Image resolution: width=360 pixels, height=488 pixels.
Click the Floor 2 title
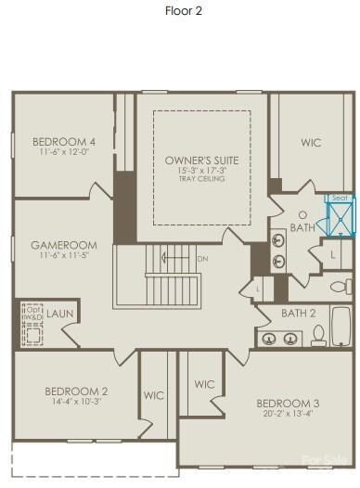184,11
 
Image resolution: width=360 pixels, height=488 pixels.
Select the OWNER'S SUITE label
201,161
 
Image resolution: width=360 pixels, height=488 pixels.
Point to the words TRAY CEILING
201,179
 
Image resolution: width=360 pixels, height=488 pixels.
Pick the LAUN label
61,314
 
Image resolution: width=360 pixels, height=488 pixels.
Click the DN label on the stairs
202,259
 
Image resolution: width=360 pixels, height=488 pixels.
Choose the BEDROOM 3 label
289,403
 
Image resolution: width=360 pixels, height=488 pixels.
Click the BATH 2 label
299,314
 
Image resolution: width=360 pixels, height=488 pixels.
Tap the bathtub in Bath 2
342,327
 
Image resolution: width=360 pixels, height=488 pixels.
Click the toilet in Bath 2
318,334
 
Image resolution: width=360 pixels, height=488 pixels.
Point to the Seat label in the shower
339,198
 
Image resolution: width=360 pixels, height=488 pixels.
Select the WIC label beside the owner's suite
311,143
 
